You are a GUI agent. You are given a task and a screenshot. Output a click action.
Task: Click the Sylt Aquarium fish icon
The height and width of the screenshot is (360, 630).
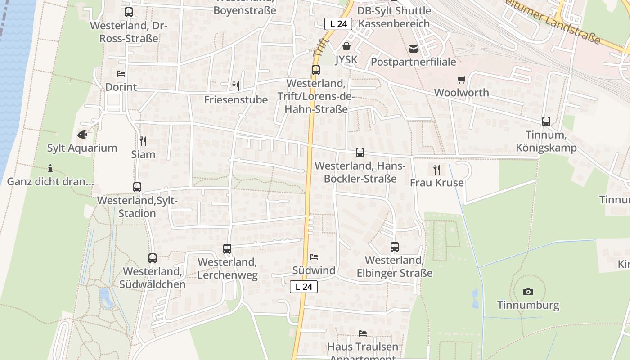click(x=82, y=135)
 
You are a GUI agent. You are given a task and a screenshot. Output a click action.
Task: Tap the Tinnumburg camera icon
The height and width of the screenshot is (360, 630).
click(x=528, y=292)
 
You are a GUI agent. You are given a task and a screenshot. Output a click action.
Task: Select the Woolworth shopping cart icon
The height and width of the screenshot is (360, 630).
click(x=461, y=80)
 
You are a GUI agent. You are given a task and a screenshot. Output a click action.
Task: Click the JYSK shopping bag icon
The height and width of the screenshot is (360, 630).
click(x=346, y=46)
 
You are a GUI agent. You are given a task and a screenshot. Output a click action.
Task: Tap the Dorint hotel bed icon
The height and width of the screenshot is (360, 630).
click(x=121, y=73)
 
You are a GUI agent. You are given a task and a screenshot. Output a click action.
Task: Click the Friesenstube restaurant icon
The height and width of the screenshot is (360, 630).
click(x=236, y=86)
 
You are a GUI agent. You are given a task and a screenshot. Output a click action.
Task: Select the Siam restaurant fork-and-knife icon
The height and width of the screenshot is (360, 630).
click(x=143, y=141)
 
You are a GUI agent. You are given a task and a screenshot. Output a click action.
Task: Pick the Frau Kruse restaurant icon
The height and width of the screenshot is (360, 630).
click(x=436, y=169)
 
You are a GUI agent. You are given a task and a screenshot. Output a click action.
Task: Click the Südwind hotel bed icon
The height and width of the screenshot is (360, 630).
click(x=314, y=257)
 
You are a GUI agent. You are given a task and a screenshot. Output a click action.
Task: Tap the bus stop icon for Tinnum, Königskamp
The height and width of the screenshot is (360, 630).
click(x=546, y=121)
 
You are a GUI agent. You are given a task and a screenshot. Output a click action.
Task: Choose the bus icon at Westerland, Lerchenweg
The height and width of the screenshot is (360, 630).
click(x=227, y=249)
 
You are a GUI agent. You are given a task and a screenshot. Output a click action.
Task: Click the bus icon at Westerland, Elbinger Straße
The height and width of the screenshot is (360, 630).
click(x=395, y=247)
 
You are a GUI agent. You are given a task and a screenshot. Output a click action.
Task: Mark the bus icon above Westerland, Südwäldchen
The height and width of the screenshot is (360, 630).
click(x=153, y=258)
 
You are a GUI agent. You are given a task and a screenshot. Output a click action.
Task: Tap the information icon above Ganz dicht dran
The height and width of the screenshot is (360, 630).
click(x=50, y=169)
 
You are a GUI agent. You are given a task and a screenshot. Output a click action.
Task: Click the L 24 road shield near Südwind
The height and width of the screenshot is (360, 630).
click(x=304, y=287)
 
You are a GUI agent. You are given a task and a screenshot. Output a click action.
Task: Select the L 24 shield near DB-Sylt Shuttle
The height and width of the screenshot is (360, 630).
click(x=338, y=24)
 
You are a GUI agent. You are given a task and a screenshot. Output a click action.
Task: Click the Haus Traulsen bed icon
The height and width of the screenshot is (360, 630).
click(x=363, y=333)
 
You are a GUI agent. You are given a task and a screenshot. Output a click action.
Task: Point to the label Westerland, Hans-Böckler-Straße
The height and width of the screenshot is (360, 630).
click(x=360, y=172)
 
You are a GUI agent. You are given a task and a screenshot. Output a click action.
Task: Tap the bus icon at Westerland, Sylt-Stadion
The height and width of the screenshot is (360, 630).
click(x=137, y=187)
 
